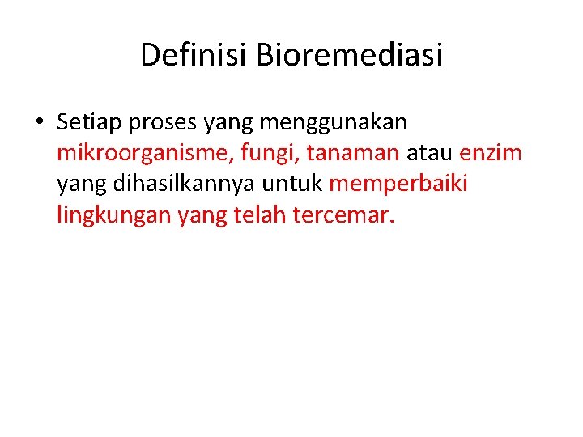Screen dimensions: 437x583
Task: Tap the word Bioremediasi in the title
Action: pos(350,55)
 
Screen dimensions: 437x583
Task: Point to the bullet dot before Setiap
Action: pos(38,123)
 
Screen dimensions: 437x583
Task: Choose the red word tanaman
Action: pos(353,153)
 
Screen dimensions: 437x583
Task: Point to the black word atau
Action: pos(430,153)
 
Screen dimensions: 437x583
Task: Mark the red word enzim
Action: pos(491,153)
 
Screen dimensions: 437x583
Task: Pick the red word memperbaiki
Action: pos(398,185)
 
